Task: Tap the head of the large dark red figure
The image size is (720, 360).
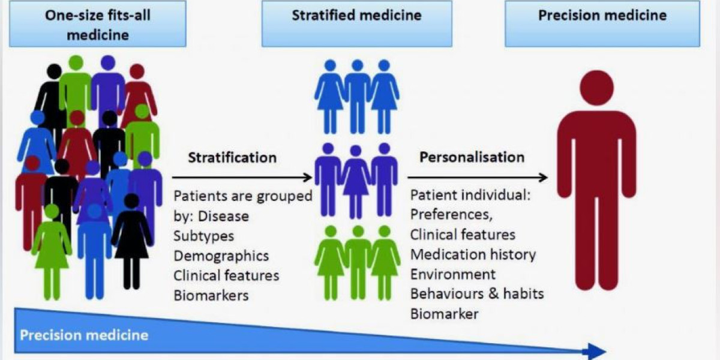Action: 596,88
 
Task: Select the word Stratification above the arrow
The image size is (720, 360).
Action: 232,158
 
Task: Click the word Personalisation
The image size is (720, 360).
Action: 472,158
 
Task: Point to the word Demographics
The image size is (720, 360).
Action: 221,256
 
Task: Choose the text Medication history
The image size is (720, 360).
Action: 473,254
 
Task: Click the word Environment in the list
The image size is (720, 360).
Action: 453,274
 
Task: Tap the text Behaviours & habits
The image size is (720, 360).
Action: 477,294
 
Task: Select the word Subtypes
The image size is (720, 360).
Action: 204,236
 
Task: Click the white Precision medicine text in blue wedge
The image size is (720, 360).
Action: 84,334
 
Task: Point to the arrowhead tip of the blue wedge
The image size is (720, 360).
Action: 605,351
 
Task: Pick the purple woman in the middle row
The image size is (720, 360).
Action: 356,180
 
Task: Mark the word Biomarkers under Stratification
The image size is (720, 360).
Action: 211,295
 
